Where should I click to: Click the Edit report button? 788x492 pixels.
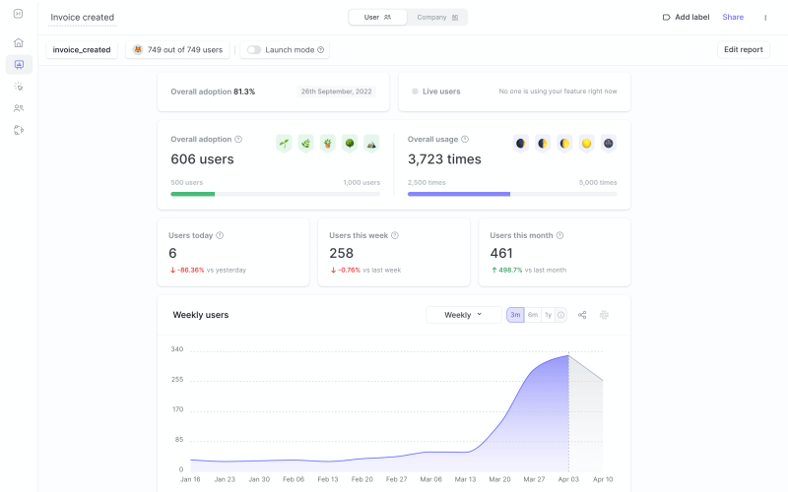click(x=743, y=49)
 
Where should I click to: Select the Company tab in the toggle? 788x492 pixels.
click(x=436, y=17)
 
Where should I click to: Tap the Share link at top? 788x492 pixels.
click(x=733, y=17)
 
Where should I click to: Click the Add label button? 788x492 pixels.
click(x=686, y=17)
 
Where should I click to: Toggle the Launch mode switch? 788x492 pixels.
click(x=254, y=49)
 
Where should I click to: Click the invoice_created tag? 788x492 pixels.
click(x=82, y=49)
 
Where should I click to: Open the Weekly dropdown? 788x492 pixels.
click(x=463, y=315)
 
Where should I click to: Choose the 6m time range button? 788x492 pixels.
click(x=533, y=315)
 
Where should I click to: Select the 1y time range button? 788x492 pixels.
click(x=548, y=315)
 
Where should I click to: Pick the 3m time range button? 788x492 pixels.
click(x=515, y=315)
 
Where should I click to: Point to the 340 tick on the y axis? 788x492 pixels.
click(x=176, y=349)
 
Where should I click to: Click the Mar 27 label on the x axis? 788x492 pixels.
click(x=534, y=479)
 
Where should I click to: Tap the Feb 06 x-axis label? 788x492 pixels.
click(x=294, y=479)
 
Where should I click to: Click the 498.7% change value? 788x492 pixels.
click(x=509, y=270)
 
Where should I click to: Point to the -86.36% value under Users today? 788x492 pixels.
click(x=190, y=270)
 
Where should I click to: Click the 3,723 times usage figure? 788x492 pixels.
click(x=444, y=159)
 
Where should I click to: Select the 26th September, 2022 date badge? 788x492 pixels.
click(x=337, y=92)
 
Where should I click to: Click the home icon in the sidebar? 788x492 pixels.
click(x=19, y=42)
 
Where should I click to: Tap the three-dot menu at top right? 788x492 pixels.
click(x=765, y=17)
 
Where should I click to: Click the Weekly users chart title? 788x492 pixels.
click(x=201, y=315)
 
